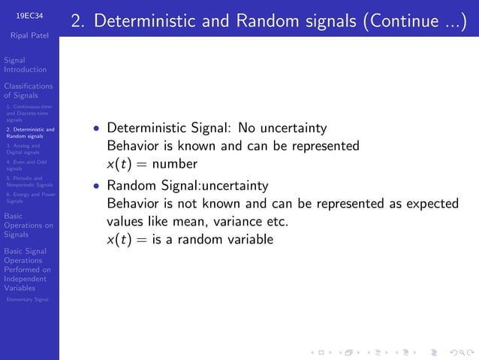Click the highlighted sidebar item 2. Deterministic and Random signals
pos(29,133)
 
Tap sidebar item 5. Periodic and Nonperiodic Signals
pos(29,181)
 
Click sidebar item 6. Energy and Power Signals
pos(29,197)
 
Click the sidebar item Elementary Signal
pos(26,299)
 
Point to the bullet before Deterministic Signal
pos(95,128)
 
